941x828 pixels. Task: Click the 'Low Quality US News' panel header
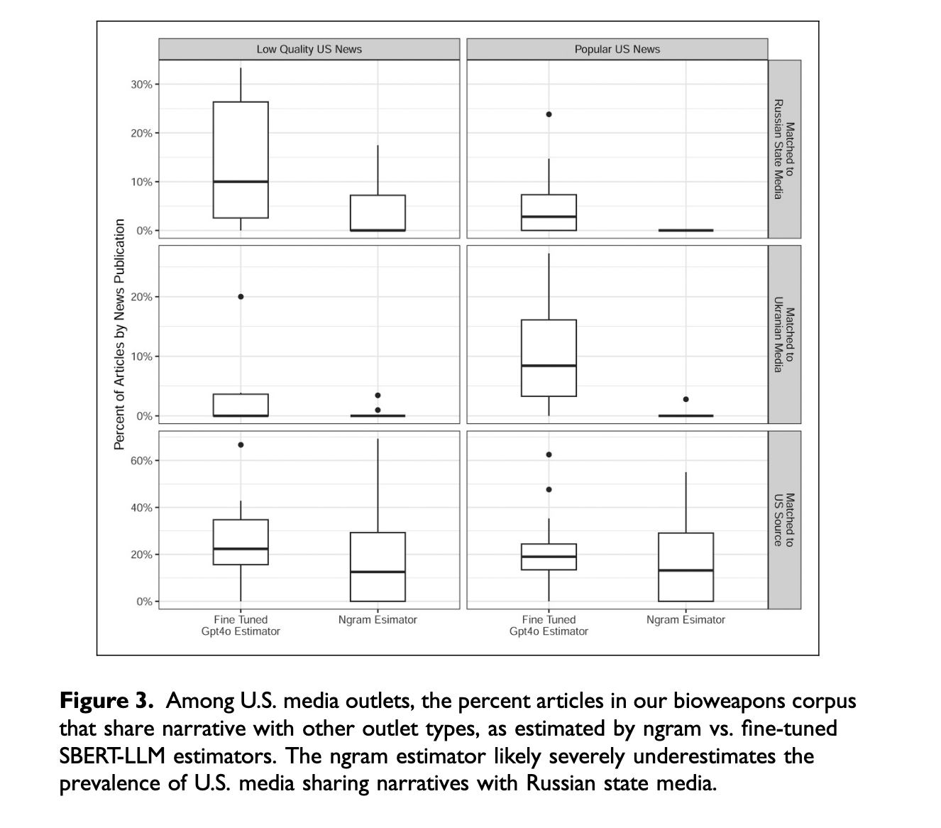[309, 49]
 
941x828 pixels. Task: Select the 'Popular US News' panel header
[617, 49]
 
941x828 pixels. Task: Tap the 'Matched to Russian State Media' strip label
[784, 149]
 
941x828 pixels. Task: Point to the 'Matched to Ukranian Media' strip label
[784, 334]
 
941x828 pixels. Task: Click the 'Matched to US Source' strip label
[784, 520]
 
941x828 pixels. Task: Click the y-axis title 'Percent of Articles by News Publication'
[119, 334]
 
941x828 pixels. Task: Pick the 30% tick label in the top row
[141, 85]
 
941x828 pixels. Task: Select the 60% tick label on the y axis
[141, 461]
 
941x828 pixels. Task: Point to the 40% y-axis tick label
[141, 508]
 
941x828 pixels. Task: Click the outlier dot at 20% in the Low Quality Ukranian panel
[241, 297]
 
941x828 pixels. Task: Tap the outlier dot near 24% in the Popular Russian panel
[549, 114]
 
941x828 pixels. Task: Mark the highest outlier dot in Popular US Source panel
[549, 454]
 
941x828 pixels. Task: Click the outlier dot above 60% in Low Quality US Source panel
[241, 445]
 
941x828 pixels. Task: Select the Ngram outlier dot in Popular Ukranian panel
[686, 399]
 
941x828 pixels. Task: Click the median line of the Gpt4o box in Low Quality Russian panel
[241, 182]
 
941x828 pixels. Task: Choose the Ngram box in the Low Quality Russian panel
[378, 213]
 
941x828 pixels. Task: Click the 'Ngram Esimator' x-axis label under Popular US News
[686, 620]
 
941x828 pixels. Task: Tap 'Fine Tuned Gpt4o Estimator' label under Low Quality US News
[241, 626]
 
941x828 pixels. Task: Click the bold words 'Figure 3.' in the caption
[106, 701]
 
